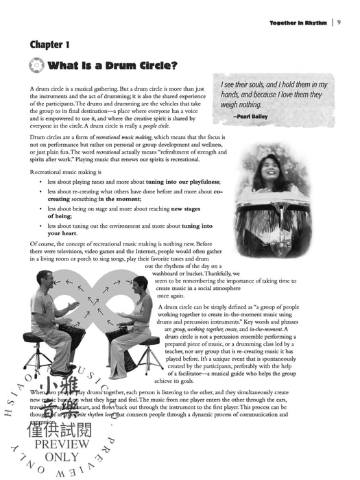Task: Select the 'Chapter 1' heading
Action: click(49, 45)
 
